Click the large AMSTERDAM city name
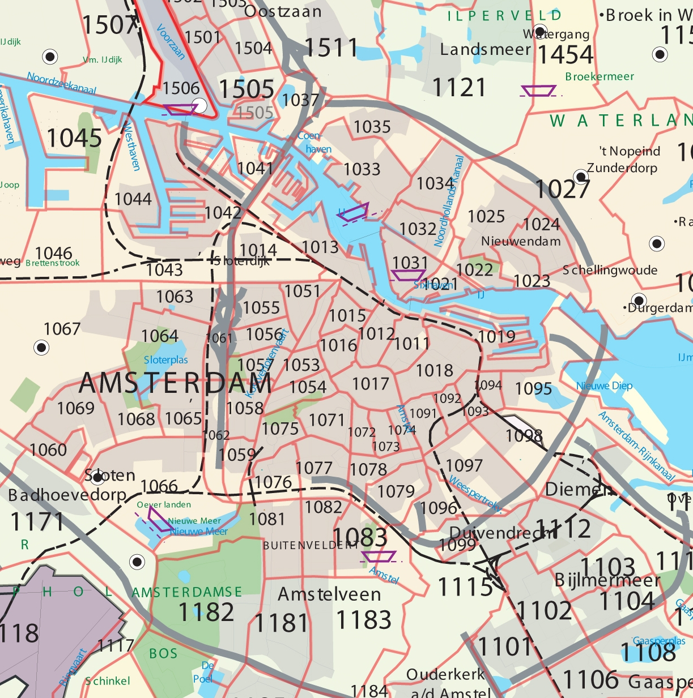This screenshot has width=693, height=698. coord(176,384)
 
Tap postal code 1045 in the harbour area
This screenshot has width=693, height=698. coord(74,138)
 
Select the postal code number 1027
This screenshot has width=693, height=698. coord(563,190)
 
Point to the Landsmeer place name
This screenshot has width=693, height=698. coord(486,50)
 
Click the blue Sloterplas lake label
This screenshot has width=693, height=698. coord(165,360)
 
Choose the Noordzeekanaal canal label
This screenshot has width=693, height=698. coord(62,83)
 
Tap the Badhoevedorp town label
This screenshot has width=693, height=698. coord(67,495)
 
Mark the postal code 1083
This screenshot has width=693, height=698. coord(360,537)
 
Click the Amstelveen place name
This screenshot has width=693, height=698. coord(329,594)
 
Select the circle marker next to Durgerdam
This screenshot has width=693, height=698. coord(639,300)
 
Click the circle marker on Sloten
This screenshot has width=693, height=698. coord(97,477)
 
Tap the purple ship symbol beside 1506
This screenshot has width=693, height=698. coord(180,109)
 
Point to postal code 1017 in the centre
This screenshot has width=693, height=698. coord(371,384)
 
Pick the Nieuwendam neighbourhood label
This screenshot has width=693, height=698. coord(521,241)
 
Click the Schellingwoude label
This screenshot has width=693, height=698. coord(610,270)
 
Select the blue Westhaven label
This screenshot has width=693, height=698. coord(131,146)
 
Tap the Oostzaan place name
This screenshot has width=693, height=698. coord(283,11)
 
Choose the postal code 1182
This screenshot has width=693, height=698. coord(206,613)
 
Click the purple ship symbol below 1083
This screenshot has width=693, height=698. coord(379,556)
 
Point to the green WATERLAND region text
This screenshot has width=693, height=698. coord(620,121)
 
